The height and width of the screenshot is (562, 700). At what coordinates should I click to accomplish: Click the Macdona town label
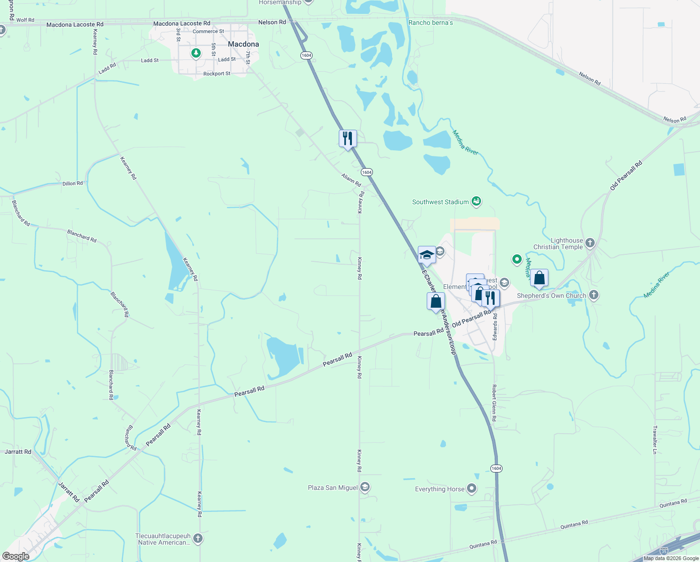coord(243,44)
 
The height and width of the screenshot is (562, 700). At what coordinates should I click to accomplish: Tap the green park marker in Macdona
coord(196,53)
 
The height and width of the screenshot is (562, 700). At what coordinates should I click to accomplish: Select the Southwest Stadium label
coord(440,202)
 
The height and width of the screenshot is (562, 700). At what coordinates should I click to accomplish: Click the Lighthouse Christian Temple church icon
coord(590,243)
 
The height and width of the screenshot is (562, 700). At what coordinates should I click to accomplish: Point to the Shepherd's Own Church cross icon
coord(594,295)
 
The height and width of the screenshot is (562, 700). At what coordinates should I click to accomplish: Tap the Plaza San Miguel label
coord(333,488)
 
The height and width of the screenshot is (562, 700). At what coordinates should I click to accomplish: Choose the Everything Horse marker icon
coord(472,488)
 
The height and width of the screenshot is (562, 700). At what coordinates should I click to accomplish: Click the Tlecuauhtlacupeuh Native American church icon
coord(198,538)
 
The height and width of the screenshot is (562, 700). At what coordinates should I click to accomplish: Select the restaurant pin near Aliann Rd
coord(348,139)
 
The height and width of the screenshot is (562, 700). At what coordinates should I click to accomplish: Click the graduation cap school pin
coord(427,255)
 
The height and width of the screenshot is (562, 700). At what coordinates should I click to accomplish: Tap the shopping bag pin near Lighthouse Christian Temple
coord(539,278)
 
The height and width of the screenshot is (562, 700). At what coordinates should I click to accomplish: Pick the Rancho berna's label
coord(430,22)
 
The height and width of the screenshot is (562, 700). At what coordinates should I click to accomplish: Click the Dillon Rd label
coord(73,184)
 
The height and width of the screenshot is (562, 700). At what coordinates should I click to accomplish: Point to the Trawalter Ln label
coord(655,440)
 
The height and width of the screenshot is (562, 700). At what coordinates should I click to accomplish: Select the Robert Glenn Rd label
coord(494,403)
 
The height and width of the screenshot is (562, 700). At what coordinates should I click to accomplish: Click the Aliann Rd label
coord(351,180)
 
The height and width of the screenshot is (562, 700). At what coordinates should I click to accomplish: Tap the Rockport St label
coord(217,74)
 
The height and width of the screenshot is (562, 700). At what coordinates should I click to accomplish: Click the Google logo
coord(16,556)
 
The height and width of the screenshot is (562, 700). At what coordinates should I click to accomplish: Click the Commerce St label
coord(208,31)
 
